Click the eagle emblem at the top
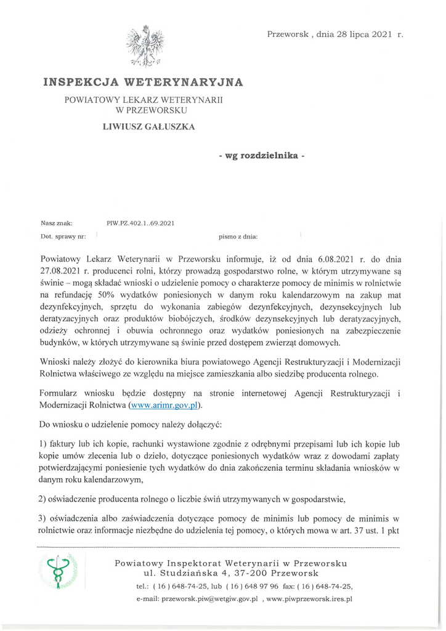[145, 46]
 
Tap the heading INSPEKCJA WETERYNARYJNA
[143, 82]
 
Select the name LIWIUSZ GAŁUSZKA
[148, 127]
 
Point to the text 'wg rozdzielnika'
[261, 155]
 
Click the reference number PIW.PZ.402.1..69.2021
[140, 223]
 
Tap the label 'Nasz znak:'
[57, 223]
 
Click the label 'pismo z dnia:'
[238, 236]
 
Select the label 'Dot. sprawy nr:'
[63, 236]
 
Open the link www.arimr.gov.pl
[164, 405]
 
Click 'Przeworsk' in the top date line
[288, 35]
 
